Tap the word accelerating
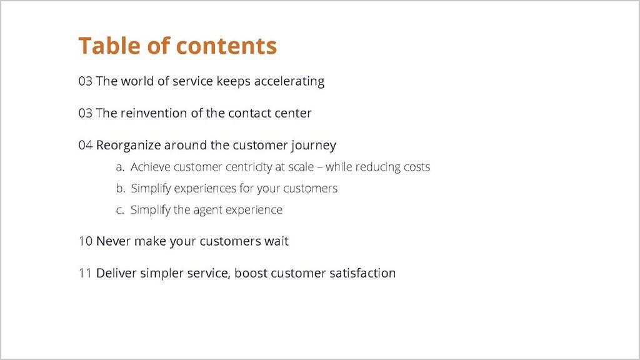[289, 82]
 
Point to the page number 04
[85, 145]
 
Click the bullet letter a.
[120, 167]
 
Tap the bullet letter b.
[120, 188]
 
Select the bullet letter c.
[120, 210]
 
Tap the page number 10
[85, 241]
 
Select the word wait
[276, 241]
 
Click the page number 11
[85, 273]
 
